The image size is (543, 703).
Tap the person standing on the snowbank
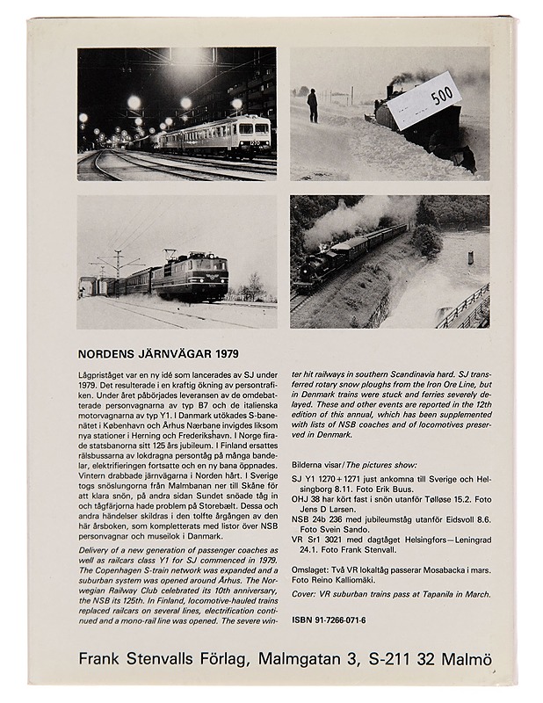point(312,105)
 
